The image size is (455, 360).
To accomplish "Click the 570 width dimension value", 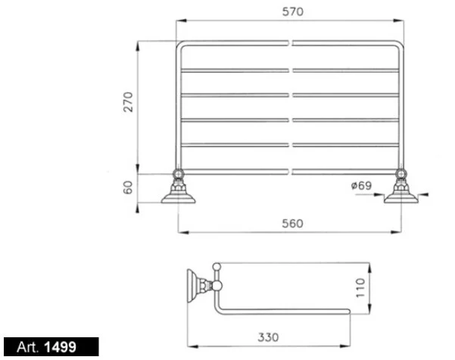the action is coord(293,11).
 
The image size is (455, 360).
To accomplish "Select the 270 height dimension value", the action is coord(128,102).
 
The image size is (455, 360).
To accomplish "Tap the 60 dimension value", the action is coord(128,187).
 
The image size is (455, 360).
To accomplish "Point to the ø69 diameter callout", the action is coord(361,186).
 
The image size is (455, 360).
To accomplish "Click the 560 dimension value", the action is coord(292,224).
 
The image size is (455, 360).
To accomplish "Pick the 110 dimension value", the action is coord(360,288).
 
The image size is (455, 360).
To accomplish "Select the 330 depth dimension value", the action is coord(268,337).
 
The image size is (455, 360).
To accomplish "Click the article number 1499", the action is coord(60,347).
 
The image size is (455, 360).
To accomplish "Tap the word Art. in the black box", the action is coord(27,347).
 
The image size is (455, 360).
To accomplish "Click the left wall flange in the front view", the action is coord(179,196).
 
